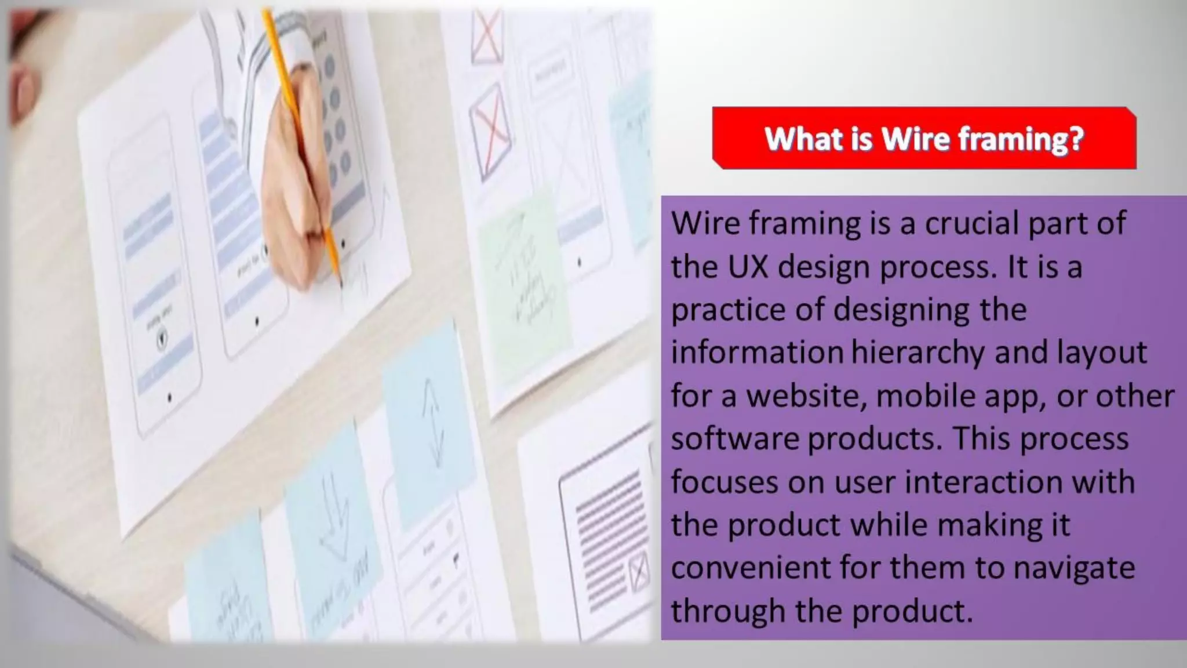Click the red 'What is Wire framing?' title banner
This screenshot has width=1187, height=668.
924,139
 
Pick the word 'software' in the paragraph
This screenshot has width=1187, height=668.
735,439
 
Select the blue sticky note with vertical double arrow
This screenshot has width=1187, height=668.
429,418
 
